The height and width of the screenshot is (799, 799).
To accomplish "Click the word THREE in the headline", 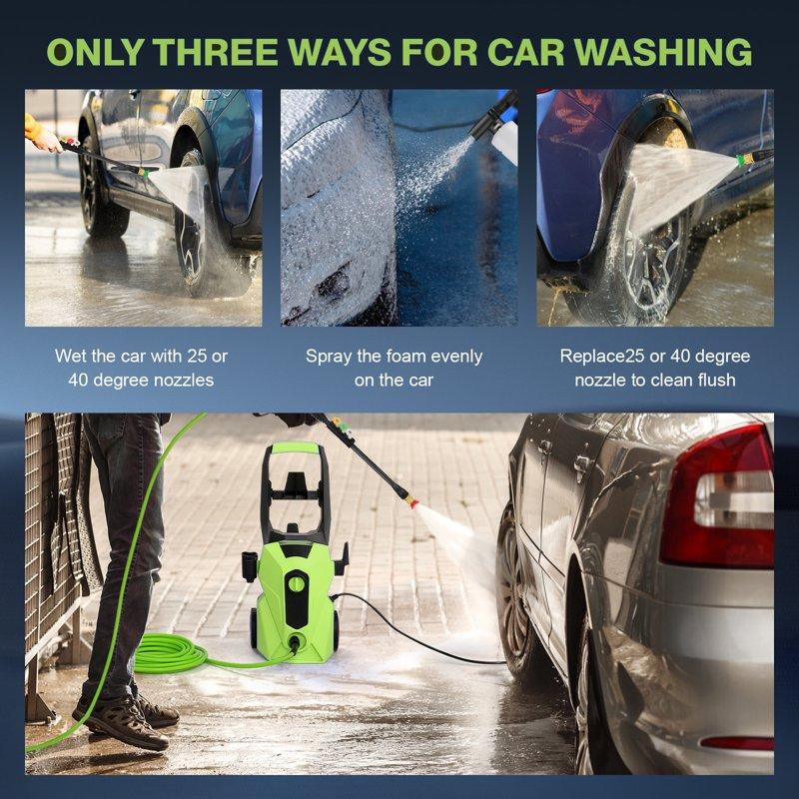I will pyautogui.click(x=224, y=52).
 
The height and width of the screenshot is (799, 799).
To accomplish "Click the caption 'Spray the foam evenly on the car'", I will pyautogui.click(x=394, y=368).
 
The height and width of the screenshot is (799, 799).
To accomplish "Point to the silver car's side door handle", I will pyautogui.click(x=582, y=464).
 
